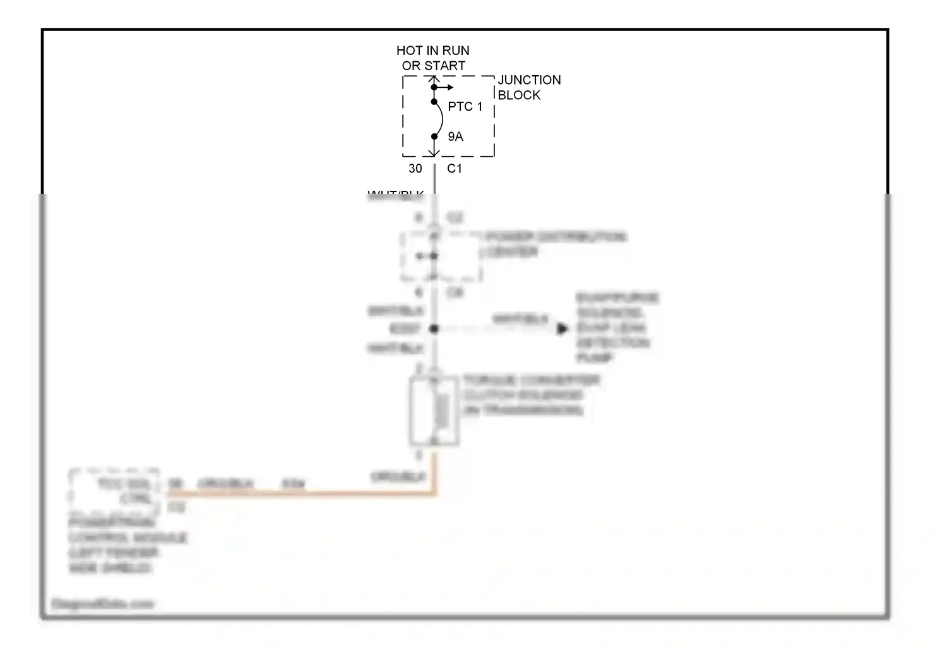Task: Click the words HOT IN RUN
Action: tap(432, 51)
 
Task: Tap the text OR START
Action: tap(433, 66)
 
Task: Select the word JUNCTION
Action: tap(529, 80)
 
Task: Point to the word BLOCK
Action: tap(519, 95)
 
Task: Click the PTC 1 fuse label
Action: tap(465, 107)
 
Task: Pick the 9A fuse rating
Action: tap(455, 136)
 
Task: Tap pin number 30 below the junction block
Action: tap(415, 169)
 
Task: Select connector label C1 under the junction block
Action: tap(455, 169)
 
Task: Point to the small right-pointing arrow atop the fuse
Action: tap(447, 87)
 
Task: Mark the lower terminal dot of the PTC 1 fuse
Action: tap(434, 136)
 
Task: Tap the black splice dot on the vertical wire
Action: tap(434, 329)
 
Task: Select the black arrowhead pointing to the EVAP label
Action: tap(562, 329)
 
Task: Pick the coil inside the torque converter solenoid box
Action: tap(442, 409)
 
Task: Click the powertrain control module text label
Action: tap(126, 545)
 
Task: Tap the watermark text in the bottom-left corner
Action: tap(102, 604)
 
